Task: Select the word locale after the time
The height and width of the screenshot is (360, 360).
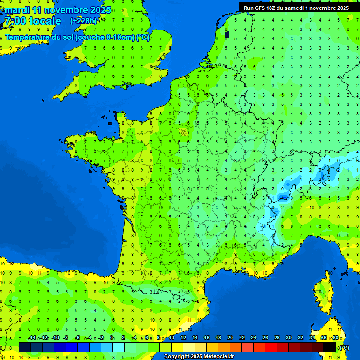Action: [45, 21]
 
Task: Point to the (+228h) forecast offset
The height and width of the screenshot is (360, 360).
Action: [83, 21]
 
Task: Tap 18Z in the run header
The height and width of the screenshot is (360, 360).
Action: [274, 7]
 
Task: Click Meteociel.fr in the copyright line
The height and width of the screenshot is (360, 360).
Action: [217, 357]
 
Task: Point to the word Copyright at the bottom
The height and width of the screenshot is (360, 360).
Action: [177, 357]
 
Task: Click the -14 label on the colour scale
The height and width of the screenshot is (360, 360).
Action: [32, 338]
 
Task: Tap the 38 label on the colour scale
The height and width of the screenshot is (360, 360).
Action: [335, 338]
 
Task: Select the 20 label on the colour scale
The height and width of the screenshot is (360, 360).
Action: [230, 338]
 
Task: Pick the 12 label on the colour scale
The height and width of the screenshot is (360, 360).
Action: [183, 338]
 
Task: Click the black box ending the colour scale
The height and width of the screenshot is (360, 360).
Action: [330, 347]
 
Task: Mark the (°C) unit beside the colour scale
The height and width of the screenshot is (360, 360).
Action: [344, 347]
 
